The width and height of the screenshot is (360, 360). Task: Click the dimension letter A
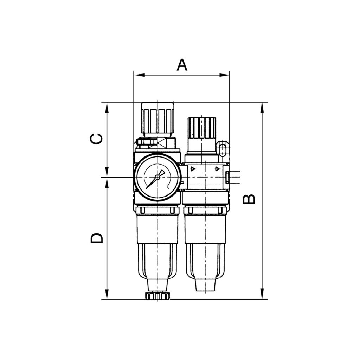(x=182, y=65)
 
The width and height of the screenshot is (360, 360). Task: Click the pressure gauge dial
(x=158, y=178)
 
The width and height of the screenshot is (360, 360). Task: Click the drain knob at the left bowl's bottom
(x=158, y=296)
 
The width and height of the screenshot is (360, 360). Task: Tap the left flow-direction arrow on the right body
(x=192, y=169)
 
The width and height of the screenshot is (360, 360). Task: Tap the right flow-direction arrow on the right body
(x=218, y=169)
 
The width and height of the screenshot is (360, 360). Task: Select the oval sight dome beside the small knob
(x=222, y=149)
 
